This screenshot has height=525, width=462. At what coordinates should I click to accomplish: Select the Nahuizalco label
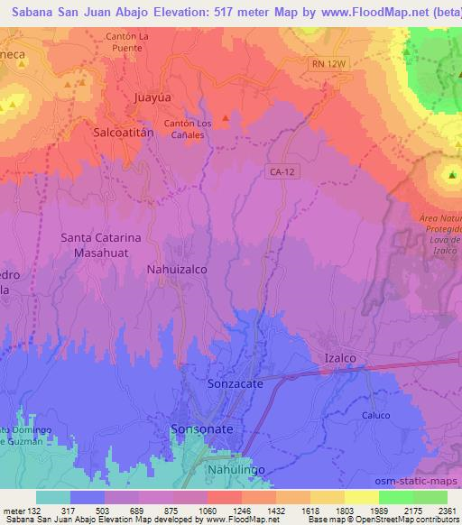pyautogui.click(x=177, y=269)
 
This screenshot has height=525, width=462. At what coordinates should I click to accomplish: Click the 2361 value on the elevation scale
pyautogui.click(x=447, y=510)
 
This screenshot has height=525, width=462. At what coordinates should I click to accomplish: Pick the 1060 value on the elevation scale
pyautogui.click(x=208, y=510)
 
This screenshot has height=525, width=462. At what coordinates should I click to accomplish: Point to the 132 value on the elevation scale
pyautogui.click(x=34, y=510)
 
